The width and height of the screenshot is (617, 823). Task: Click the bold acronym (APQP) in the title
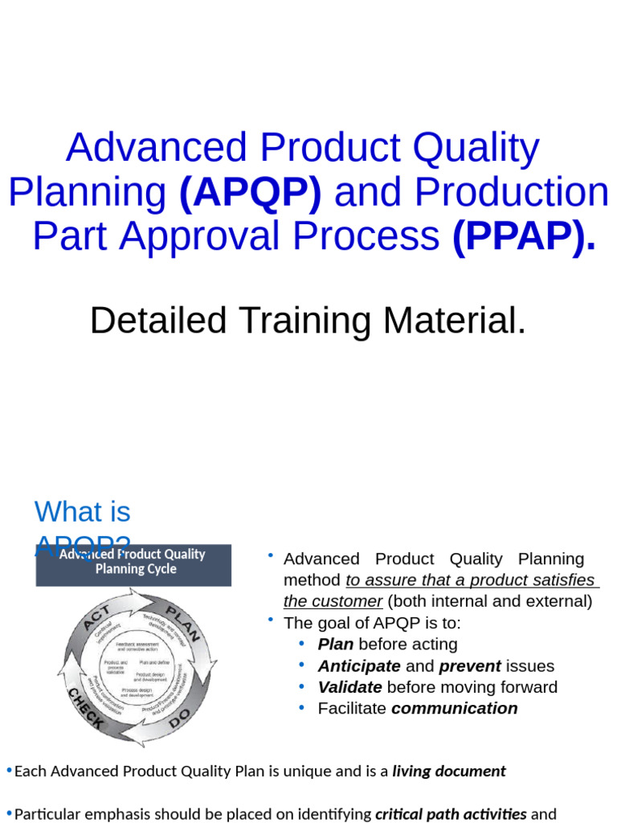pos(250,193)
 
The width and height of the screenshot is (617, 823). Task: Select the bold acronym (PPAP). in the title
pos(524,236)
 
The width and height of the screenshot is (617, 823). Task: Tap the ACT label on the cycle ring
pos(96,619)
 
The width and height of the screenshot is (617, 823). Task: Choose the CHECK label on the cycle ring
pos(86,708)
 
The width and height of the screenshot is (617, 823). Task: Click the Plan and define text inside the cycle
pos(153,661)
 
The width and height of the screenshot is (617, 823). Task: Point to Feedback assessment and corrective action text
pos(137,645)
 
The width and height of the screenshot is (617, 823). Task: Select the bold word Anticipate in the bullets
pos(358,666)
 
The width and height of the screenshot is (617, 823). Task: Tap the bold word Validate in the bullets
pos(349,687)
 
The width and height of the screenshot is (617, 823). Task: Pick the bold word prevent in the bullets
pos(469,666)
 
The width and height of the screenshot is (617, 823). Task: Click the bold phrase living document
pos(448,772)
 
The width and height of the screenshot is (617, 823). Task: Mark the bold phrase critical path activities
pos(452,814)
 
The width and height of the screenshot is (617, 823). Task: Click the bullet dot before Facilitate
pos(302,708)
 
